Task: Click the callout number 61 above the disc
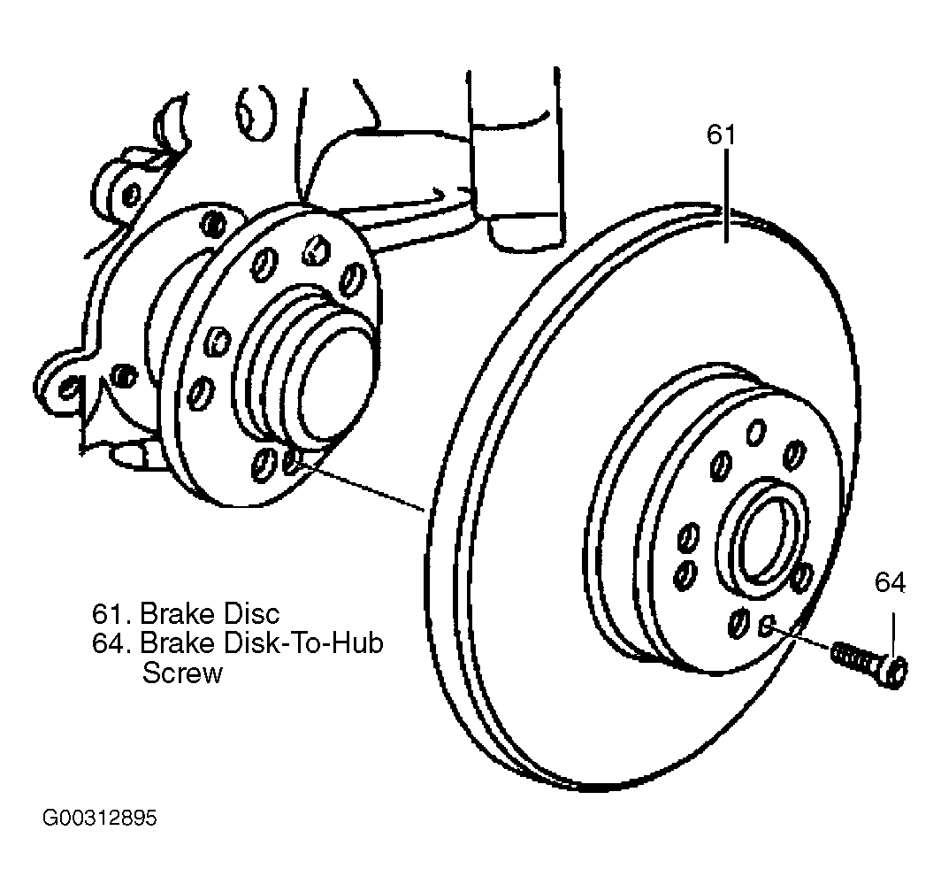[721, 135]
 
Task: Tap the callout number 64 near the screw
[890, 582]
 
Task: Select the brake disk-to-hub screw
[868, 663]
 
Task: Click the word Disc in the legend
[251, 614]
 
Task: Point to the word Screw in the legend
[182, 673]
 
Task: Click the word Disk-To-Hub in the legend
[303, 643]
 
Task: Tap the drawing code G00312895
[100, 819]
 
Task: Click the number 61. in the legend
[112, 614]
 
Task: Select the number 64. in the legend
[112, 643]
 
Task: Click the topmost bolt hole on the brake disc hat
[756, 433]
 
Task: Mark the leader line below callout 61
[727, 196]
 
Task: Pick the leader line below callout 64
[893, 634]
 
